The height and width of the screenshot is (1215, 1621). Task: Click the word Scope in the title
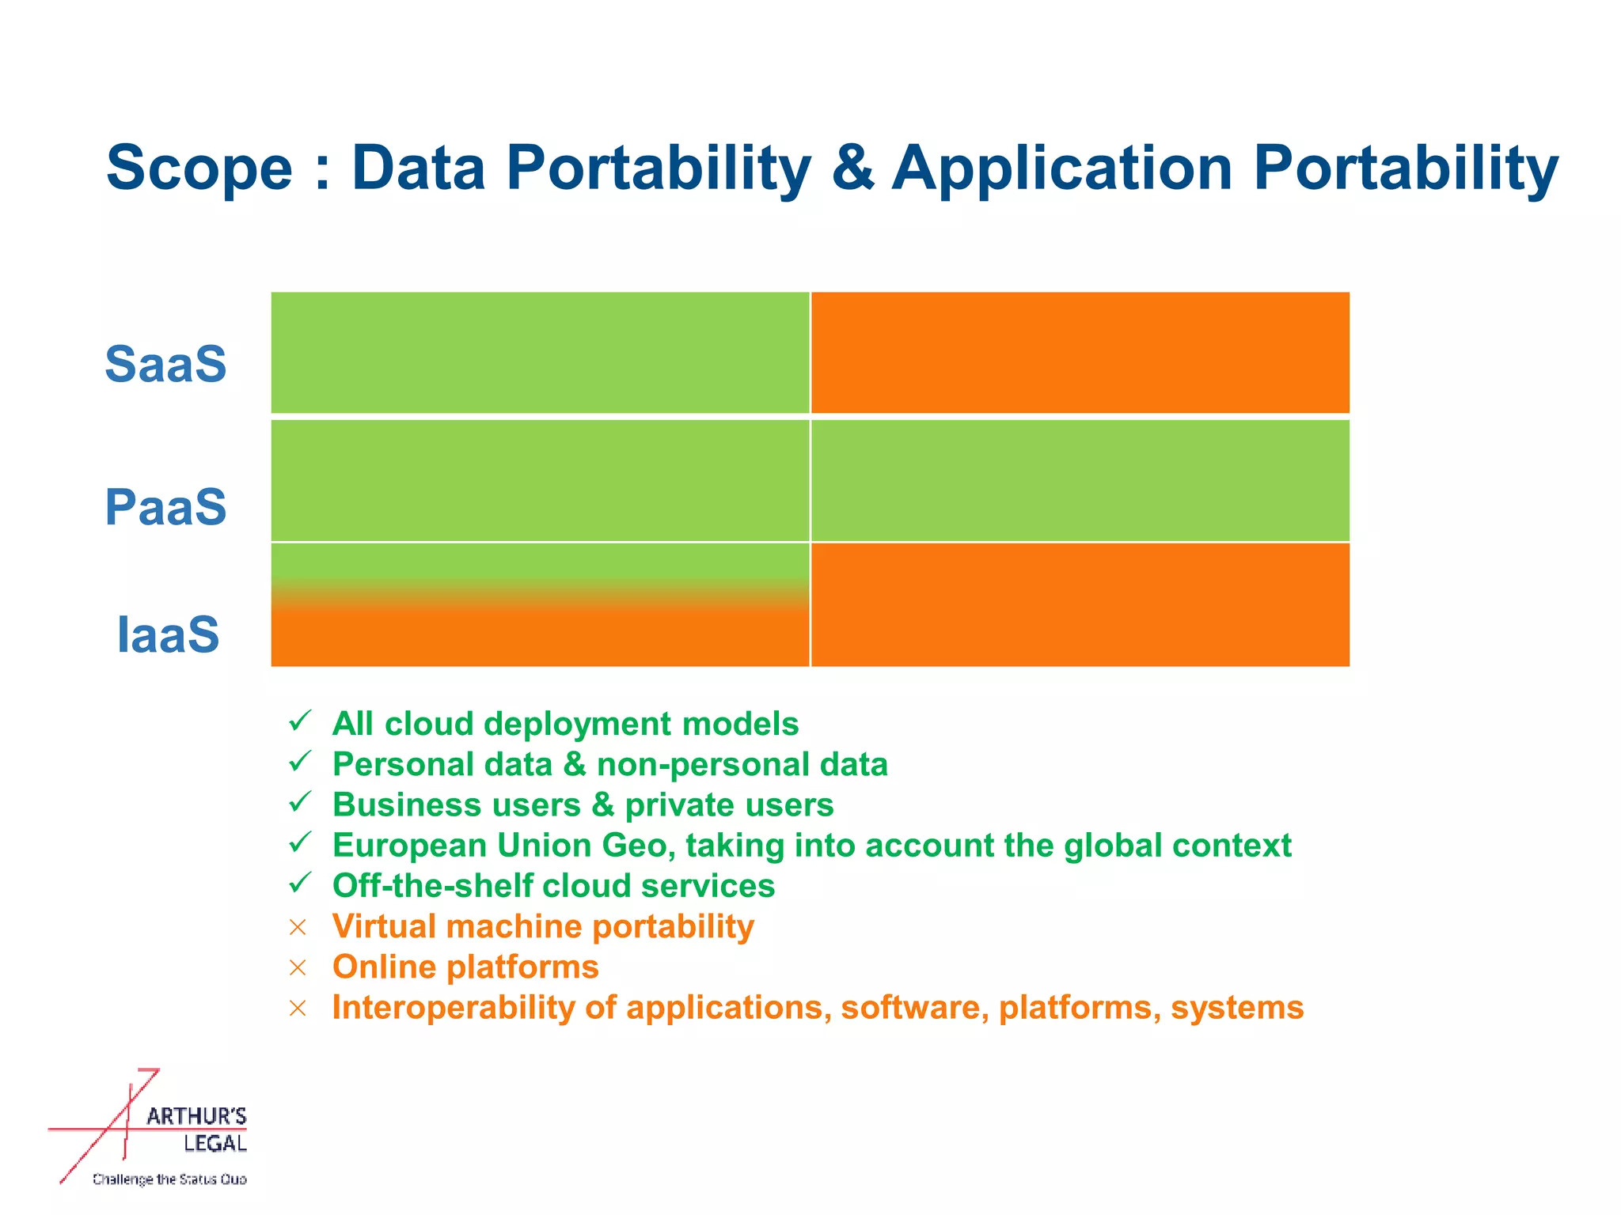[x=199, y=168]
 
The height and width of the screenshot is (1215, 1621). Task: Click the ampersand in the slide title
[x=852, y=168]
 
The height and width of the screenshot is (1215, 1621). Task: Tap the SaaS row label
[x=166, y=365]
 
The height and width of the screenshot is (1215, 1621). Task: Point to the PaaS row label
[x=166, y=507]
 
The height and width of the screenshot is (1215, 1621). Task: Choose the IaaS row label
[x=168, y=634]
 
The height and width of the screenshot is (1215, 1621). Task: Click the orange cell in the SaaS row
[x=1080, y=353]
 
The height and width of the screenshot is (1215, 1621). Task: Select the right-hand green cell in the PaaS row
[x=1080, y=480]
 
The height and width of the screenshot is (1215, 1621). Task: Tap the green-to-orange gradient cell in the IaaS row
[x=540, y=605]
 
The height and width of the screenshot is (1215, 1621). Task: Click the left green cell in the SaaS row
[x=540, y=353]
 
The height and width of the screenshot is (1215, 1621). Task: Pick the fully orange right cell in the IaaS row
[x=1080, y=605]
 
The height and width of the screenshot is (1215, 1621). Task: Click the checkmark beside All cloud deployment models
[x=300, y=721]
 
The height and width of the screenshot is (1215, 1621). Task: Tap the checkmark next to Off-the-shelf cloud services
[x=300, y=883]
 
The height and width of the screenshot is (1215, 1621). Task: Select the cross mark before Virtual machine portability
[x=298, y=927]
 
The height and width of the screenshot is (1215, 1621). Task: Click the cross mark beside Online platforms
[x=298, y=967]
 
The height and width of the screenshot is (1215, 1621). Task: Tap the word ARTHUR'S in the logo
[x=196, y=1116]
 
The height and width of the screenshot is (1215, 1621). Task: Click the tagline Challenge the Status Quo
[x=169, y=1179]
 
